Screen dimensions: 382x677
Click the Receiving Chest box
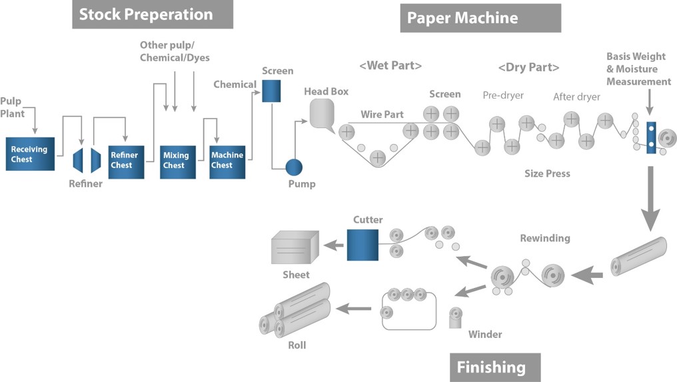point(30,154)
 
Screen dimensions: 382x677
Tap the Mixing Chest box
point(178,161)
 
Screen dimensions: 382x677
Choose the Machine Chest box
point(227,161)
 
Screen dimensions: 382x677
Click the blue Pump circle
point(294,167)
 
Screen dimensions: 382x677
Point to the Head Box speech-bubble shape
point(322,113)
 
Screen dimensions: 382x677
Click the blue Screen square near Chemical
point(271,91)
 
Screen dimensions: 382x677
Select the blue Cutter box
point(362,245)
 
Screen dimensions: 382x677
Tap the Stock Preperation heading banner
point(153,15)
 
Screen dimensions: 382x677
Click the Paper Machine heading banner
point(480,18)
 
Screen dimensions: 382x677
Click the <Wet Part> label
point(390,66)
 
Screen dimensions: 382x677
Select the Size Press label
point(547,174)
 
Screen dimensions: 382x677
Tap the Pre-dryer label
point(503,95)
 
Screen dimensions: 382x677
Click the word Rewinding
point(545,238)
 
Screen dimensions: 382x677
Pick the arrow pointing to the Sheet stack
point(334,245)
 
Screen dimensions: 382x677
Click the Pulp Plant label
point(11,107)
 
